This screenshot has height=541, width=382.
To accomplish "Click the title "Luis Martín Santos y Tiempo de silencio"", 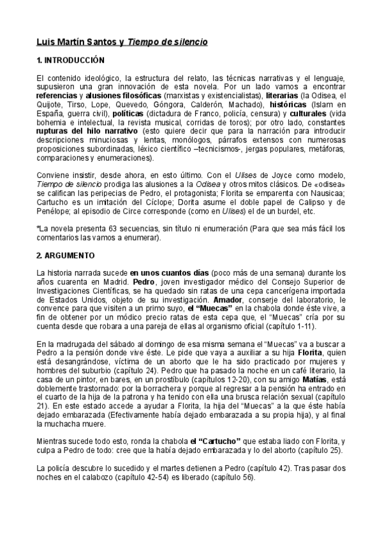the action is (121, 42).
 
